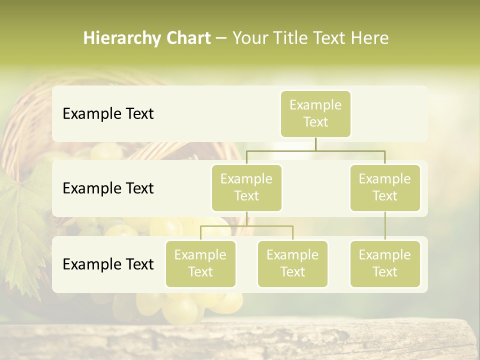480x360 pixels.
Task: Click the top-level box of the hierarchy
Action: pyautogui.click(x=315, y=113)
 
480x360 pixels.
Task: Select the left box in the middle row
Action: pyautogui.click(x=246, y=187)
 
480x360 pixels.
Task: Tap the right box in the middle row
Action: pyautogui.click(x=385, y=187)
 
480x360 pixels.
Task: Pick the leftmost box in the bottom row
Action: pyautogui.click(x=200, y=263)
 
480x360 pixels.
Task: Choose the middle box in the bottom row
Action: pyautogui.click(x=292, y=263)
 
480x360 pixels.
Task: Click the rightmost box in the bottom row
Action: pyautogui.click(x=385, y=263)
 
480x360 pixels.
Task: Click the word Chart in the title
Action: pyautogui.click(x=186, y=38)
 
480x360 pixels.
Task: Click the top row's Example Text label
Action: pyautogui.click(x=108, y=113)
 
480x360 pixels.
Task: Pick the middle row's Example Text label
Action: pyautogui.click(x=108, y=188)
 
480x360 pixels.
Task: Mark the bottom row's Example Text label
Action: pyautogui.click(x=108, y=264)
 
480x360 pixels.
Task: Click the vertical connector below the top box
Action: pyautogui.click(x=315, y=144)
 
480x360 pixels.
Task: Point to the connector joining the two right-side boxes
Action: pyautogui.click(x=385, y=226)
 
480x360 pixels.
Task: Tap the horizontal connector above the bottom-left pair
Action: pyautogui.click(x=246, y=226)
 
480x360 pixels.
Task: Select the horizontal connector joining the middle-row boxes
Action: pyautogui.click(x=315, y=150)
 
